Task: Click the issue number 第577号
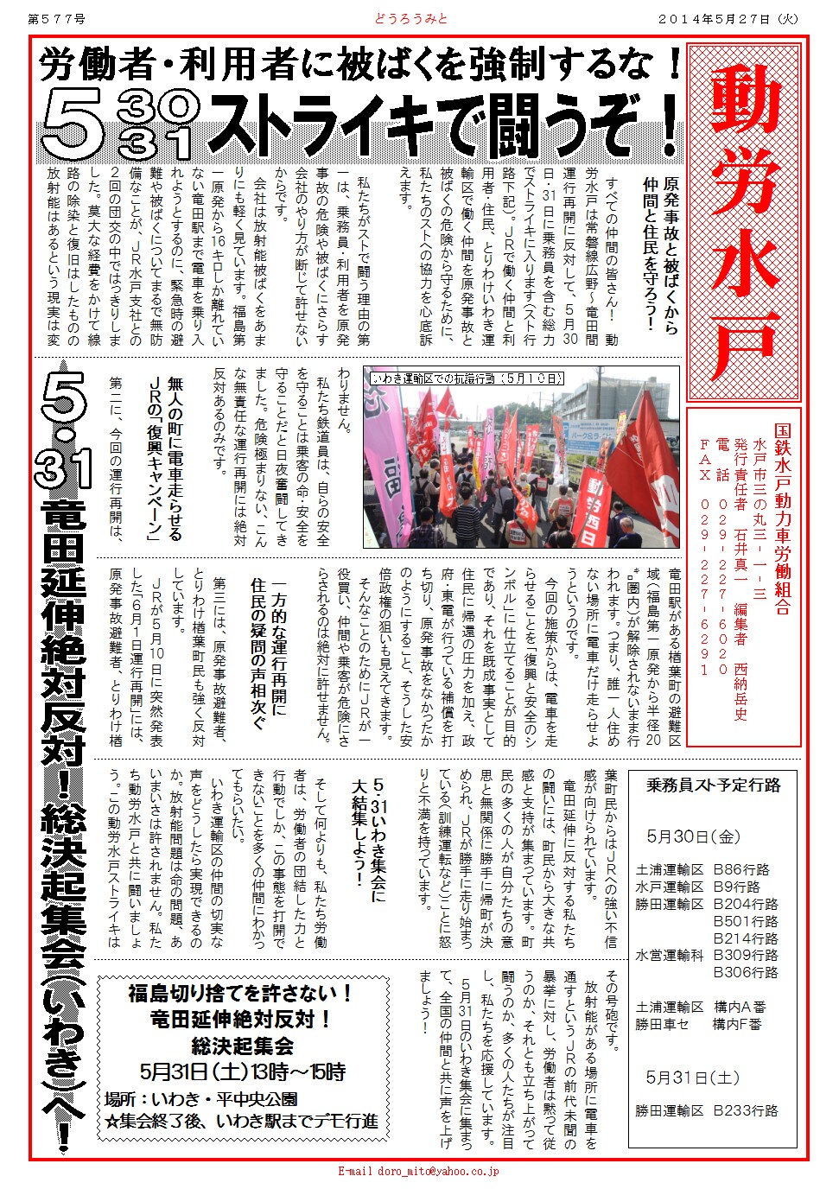57,18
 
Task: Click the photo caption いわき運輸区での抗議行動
467,378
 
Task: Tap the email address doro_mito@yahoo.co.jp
418,1172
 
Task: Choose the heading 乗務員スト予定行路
714,785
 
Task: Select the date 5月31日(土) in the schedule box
693,1078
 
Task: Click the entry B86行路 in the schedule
740,870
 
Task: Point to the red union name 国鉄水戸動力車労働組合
782,518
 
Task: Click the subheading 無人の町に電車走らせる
175,458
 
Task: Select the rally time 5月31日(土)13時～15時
243,1072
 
